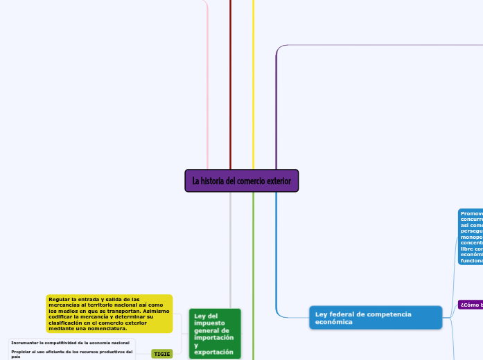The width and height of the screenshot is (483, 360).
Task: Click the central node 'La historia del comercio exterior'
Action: tap(242, 181)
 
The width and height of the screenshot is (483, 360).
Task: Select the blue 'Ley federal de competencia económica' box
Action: tap(375, 318)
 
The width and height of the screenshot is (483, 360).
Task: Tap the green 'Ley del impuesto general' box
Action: tap(215, 334)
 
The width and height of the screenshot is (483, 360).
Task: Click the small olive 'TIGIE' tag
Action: tap(162, 354)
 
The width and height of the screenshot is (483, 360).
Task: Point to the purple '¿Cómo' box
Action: tap(470, 305)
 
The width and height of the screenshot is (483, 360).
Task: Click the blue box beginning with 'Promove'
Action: tap(471, 237)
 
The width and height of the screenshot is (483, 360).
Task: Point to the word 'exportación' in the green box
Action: tap(215, 352)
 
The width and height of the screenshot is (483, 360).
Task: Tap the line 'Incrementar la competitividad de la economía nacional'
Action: tap(70, 343)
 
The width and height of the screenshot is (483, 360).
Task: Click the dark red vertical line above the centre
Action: tap(230, 83)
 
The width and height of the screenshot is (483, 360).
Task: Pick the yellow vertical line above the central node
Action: tap(253, 83)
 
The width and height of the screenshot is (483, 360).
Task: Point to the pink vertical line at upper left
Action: tap(208, 83)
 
